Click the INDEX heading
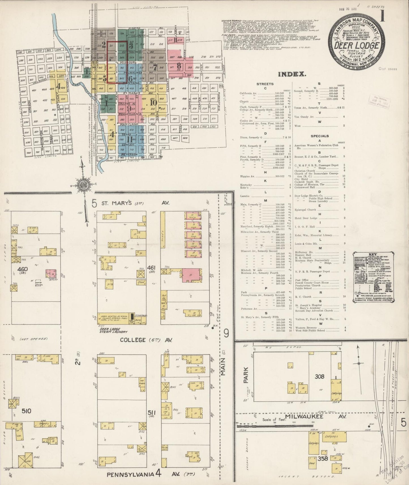tap(292, 74)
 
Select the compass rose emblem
tap(84, 185)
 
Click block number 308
tap(319, 376)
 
